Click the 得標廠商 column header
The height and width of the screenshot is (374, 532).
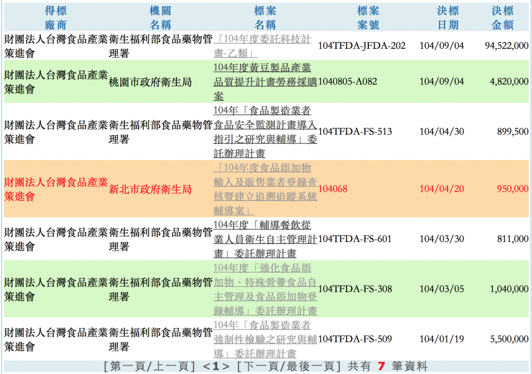[56, 18]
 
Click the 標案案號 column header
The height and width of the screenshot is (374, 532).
[368, 18]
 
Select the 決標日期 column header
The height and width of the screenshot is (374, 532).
[448, 18]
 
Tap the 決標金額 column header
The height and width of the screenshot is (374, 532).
[502, 18]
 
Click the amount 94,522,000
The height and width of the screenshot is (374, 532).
[507, 46]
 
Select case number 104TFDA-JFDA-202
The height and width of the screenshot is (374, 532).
[362, 46]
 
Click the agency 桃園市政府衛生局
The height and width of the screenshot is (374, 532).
[150, 82]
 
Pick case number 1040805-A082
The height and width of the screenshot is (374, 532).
[348, 82]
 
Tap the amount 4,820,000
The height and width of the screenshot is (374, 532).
[509, 82]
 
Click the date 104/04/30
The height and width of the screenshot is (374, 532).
[442, 131]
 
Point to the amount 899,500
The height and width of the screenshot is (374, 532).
[513, 131]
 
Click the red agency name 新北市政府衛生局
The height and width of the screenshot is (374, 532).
[150, 189]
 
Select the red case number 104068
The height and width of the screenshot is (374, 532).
[333, 189]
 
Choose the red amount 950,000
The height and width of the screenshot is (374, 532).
[513, 189]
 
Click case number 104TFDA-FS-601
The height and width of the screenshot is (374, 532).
[355, 239]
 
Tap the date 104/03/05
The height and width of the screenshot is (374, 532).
[442, 289]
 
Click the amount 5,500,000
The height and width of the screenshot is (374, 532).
[509, 339]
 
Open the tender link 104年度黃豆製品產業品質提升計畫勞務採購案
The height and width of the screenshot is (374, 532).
[265, 82]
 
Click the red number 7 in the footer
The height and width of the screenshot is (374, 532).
[381, 366]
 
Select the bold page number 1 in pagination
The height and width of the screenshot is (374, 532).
[216, 367]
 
